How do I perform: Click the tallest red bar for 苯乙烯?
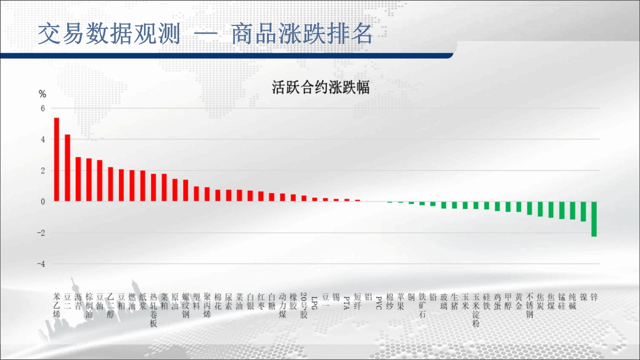[57, 159]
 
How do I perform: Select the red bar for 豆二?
[67, 168]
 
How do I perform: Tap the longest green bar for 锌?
[594, 219]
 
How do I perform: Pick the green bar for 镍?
[583, 211]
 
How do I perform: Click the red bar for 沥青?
[78, 179]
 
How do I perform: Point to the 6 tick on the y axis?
[43, 108]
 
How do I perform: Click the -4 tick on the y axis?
[41, 264]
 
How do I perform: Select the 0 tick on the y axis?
[43, 202]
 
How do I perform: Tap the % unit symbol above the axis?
[42, 94]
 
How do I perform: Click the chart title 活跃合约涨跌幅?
[321, 87]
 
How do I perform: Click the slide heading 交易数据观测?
[109, 34]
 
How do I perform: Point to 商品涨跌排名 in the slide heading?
[302, 34]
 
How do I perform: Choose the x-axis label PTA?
[347, 303]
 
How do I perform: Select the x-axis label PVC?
[379, 303]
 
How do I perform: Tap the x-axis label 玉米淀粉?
[476, 310]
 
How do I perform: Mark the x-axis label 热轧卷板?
[154, 310]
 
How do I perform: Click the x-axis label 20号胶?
[304, 305]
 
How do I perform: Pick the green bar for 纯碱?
[573, 210]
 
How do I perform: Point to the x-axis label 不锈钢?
[530, 305]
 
